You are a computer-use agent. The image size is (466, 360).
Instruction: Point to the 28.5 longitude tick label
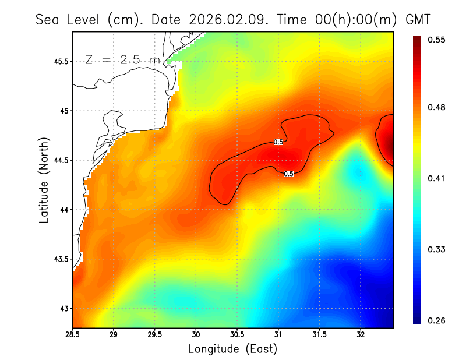coord(72,335)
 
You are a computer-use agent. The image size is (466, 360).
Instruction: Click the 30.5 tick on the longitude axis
coord(237,335)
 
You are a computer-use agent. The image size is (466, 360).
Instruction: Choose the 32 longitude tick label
coord(361,335)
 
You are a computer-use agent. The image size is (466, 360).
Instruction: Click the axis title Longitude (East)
coord(232,348)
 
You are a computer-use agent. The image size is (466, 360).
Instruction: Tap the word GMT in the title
coord(417,20)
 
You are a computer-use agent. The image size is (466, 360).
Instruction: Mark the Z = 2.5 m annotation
coord(122,60)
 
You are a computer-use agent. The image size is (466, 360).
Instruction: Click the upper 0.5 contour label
coord(278,142)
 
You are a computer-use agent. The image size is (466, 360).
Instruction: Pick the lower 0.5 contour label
coord(288,174)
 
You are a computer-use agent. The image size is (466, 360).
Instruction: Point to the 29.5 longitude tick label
coord(154,335)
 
